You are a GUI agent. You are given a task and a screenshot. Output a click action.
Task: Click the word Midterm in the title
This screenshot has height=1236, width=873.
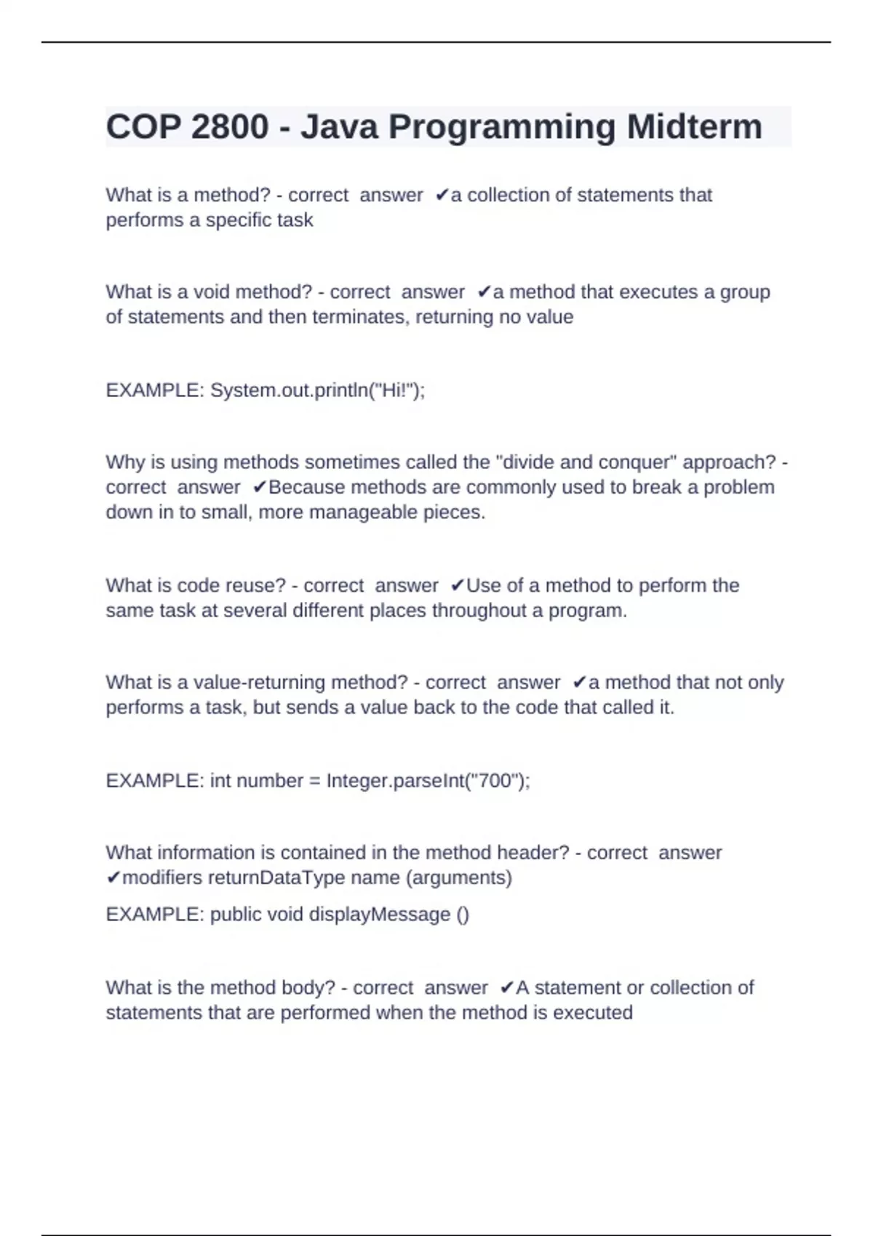694,127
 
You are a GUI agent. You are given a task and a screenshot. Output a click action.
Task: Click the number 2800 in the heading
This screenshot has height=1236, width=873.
230,127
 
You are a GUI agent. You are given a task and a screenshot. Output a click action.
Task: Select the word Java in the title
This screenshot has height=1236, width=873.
339,127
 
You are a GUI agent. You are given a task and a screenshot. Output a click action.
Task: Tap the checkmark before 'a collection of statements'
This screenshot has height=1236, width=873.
442,196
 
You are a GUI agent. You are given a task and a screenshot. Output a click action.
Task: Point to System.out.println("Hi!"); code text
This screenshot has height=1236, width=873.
317,391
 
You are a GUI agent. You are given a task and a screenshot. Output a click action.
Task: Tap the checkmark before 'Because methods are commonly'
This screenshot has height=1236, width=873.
259,488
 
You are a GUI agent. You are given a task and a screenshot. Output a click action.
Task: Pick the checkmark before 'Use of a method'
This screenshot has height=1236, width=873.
458,586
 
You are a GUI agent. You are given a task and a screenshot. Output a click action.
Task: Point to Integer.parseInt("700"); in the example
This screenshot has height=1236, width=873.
428,781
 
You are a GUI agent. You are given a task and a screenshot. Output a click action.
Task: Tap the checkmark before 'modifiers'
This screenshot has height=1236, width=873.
113,878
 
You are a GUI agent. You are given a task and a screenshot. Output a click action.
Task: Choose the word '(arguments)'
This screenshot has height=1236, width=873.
458,878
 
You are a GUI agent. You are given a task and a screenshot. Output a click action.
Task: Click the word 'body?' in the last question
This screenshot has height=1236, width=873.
307,988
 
